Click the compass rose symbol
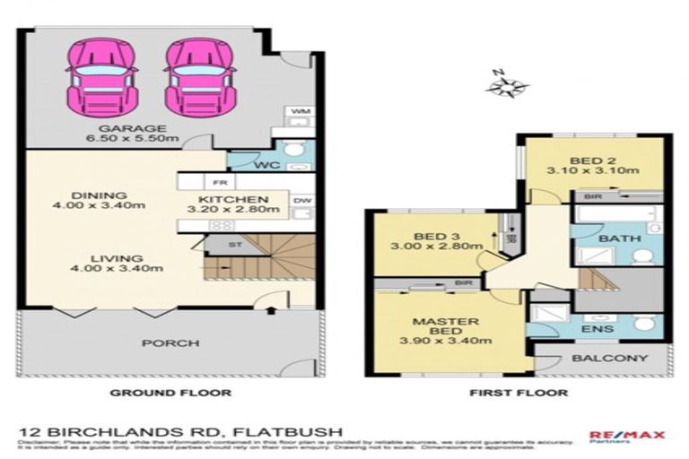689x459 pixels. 507,85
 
